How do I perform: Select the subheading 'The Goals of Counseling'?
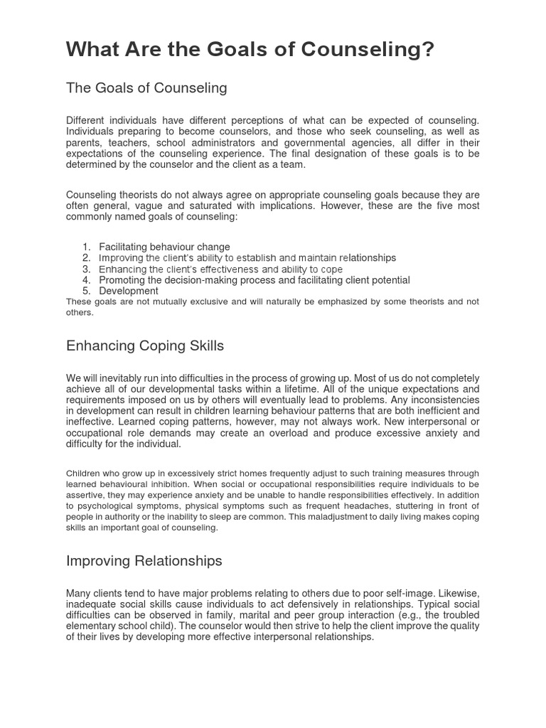click(x=146, y=88)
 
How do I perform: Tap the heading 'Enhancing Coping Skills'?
click(x=145, y=346)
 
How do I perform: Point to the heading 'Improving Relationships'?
click(x=144, y=561)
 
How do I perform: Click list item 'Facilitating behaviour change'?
click(x=164, y=247)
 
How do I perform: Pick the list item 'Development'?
click(x=129, y=291)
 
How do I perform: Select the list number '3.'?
click(x=86, y=269)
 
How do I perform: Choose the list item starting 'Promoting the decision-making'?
click(x=255, y=280)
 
